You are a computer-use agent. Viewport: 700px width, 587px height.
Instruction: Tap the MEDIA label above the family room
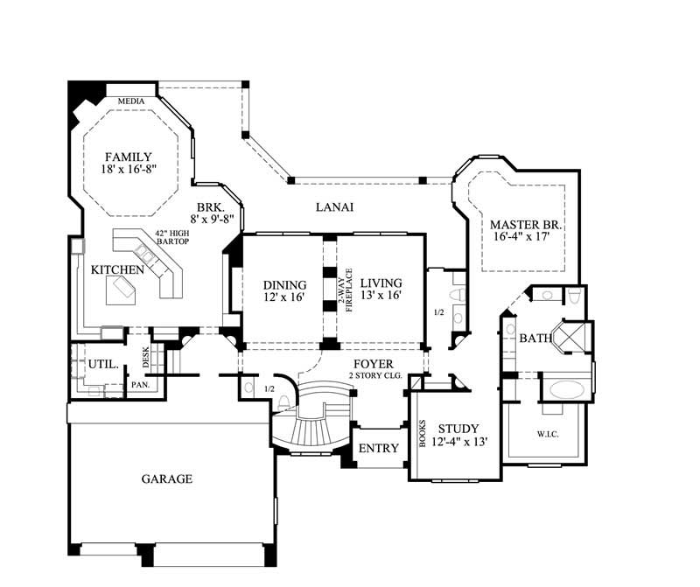point(132,100)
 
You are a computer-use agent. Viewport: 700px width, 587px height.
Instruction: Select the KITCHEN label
point(117,270)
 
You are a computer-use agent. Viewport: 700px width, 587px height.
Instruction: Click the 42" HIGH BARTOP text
point(172,239)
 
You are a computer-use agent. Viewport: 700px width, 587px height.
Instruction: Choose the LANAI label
point(334,207)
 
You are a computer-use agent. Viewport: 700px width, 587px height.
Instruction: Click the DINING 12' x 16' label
point(285,290)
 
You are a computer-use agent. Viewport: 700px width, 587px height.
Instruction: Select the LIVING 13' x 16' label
point(381,290)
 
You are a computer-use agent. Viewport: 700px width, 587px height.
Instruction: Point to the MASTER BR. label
point(525,230)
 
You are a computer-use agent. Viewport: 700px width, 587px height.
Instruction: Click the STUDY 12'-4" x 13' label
point(458,435)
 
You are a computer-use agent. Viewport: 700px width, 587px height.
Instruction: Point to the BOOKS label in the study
point(423,432)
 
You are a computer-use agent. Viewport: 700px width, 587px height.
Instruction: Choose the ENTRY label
point(379,448)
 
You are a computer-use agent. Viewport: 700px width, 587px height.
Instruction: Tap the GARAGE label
point(166,479)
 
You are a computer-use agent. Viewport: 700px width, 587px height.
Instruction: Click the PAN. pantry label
point(138,384)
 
